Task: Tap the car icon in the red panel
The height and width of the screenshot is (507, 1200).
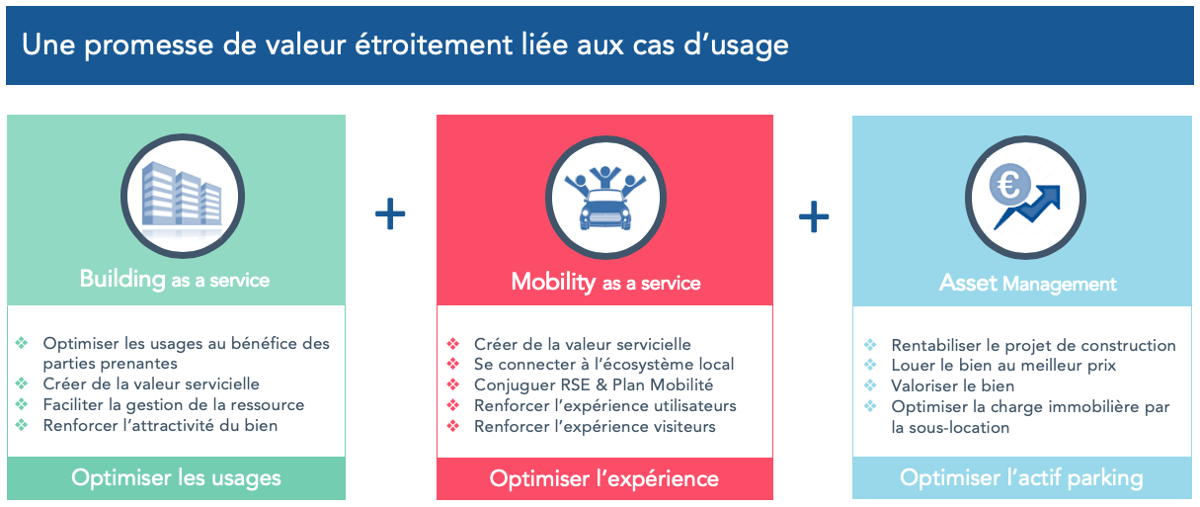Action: (x=605, y=210)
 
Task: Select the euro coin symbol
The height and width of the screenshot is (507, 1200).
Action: (x=1009, y=185)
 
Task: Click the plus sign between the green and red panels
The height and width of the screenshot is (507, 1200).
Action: (x=390, y=213)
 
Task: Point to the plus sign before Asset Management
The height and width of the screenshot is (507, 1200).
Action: (x=814, y=216)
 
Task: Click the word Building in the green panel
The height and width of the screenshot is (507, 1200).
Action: (x=122, y=280)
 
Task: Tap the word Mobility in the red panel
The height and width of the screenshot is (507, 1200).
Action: (x=553, y=283)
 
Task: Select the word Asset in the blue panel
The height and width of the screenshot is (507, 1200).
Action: (x=969, y=283)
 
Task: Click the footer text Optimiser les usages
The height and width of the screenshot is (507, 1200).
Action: (x=176, y=478)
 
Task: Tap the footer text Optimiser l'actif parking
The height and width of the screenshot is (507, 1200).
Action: (x=1021, y=478)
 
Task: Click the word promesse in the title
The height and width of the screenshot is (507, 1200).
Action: (x=149, y=45)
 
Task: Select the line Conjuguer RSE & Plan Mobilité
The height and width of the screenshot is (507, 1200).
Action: (x=594, y=384)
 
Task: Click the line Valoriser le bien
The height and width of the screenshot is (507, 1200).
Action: (x=952, y=385)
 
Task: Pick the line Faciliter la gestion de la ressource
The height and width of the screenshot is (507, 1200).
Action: (x=174, y=405)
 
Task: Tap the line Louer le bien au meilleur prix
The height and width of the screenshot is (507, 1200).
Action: (x=1003, y=366)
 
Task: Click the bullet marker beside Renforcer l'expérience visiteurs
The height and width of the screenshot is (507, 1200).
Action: (x=453, y=426)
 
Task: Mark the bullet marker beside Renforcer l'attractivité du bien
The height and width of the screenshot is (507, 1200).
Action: (x=22, y=425)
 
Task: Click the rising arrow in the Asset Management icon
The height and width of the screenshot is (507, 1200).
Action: (x=1028, y=208)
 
